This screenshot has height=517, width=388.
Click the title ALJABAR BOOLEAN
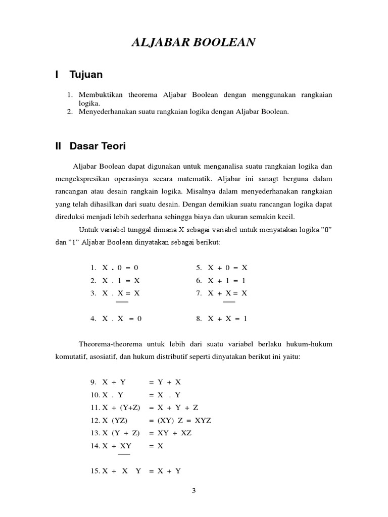(x=193, y=43)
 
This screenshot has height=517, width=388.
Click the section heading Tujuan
(x=86, y=75)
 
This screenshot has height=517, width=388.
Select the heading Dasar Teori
(x=98, y=146)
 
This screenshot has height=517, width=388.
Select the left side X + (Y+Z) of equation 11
(x=121, y=407)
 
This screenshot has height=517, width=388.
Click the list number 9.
(x=93, y=382)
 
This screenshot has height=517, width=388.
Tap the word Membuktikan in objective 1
(x=101, y=95)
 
